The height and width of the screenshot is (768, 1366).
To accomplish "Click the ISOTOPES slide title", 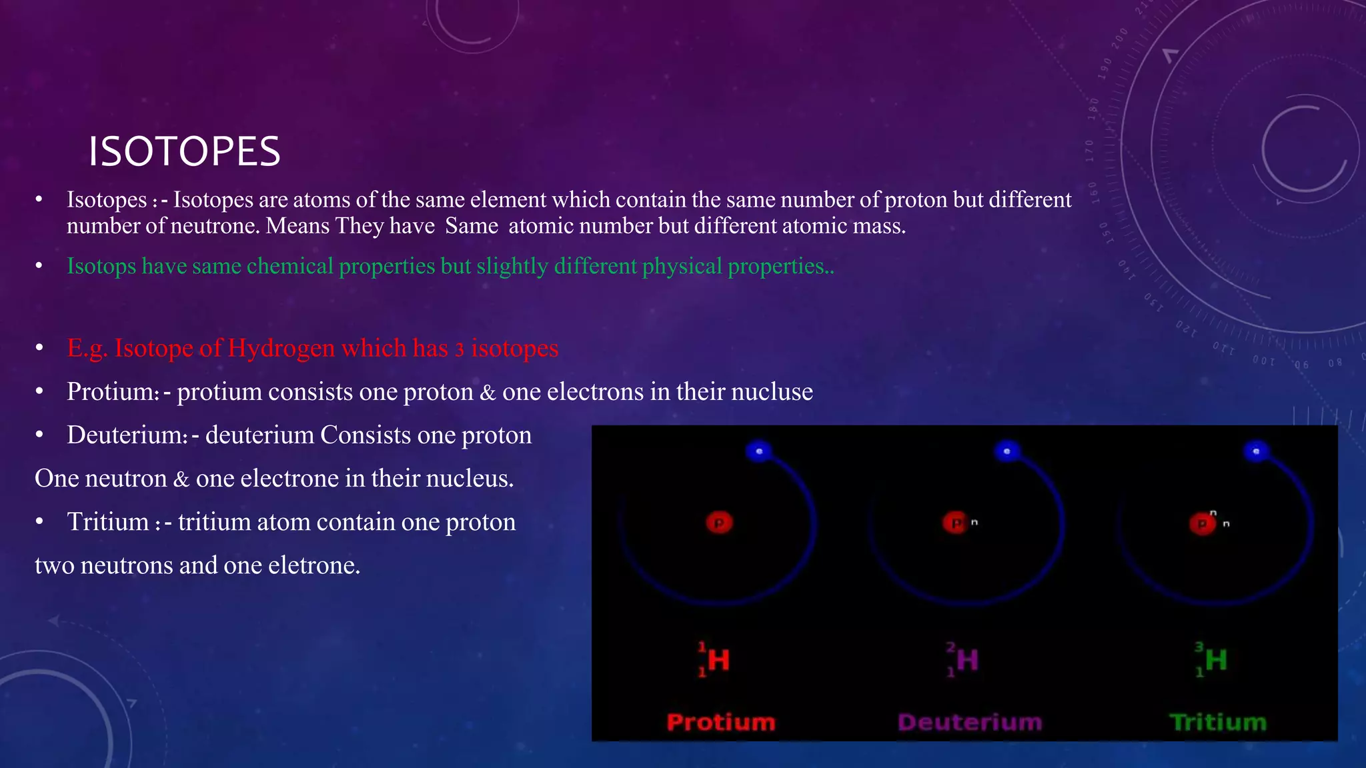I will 184,151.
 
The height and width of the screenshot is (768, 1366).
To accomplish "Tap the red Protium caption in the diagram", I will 721,722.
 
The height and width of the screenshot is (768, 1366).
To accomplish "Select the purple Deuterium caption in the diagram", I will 970,722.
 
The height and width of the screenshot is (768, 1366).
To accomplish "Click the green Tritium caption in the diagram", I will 1218,722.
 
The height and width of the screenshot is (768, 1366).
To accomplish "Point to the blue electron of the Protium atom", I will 759,451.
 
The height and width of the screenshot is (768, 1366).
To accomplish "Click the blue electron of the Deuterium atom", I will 1007,451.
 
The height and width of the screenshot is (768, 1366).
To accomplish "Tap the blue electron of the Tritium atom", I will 1256,451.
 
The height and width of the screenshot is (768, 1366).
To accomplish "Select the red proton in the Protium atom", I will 719,523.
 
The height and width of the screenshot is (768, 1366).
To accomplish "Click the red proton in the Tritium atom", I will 1203,523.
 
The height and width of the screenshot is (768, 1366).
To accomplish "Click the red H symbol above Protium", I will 718,660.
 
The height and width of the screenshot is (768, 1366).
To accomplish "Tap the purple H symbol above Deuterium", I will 967,660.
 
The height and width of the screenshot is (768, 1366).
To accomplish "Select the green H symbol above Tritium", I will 1215,660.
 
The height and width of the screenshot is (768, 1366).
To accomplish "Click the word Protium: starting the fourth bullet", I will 113,391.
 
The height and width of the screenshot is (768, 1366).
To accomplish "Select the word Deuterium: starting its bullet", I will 127,435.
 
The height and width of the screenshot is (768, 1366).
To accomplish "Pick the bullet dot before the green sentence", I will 39,266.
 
